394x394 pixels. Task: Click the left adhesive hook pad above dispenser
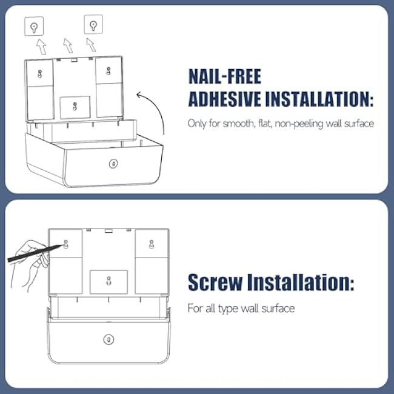point(34,26)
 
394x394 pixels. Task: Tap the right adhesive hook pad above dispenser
point(93,24)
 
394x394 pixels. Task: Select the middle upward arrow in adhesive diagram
point(68,45)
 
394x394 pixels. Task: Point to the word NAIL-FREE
point(225,76)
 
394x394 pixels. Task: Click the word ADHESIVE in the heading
point(225,99)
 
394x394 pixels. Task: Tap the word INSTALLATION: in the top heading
point(319,99)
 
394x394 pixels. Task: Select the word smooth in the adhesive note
point(238,124)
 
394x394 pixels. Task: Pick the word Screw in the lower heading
point(215,282)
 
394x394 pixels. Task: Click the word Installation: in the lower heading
point(301,282)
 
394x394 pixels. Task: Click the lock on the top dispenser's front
point(113,164)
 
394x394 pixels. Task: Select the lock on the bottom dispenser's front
point(109,339)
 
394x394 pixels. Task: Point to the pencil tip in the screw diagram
point(61,245)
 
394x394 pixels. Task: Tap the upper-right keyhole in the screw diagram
point(152,244)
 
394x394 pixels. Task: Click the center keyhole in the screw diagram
point(109,281)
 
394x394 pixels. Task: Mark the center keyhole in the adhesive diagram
point(75,107)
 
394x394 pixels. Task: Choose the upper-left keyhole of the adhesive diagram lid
point(39,74)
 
